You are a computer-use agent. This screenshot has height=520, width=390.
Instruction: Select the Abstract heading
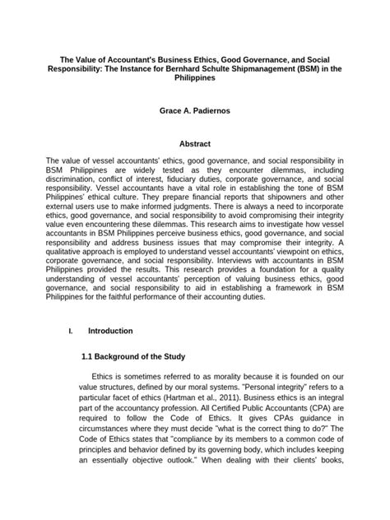pos(195,143)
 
